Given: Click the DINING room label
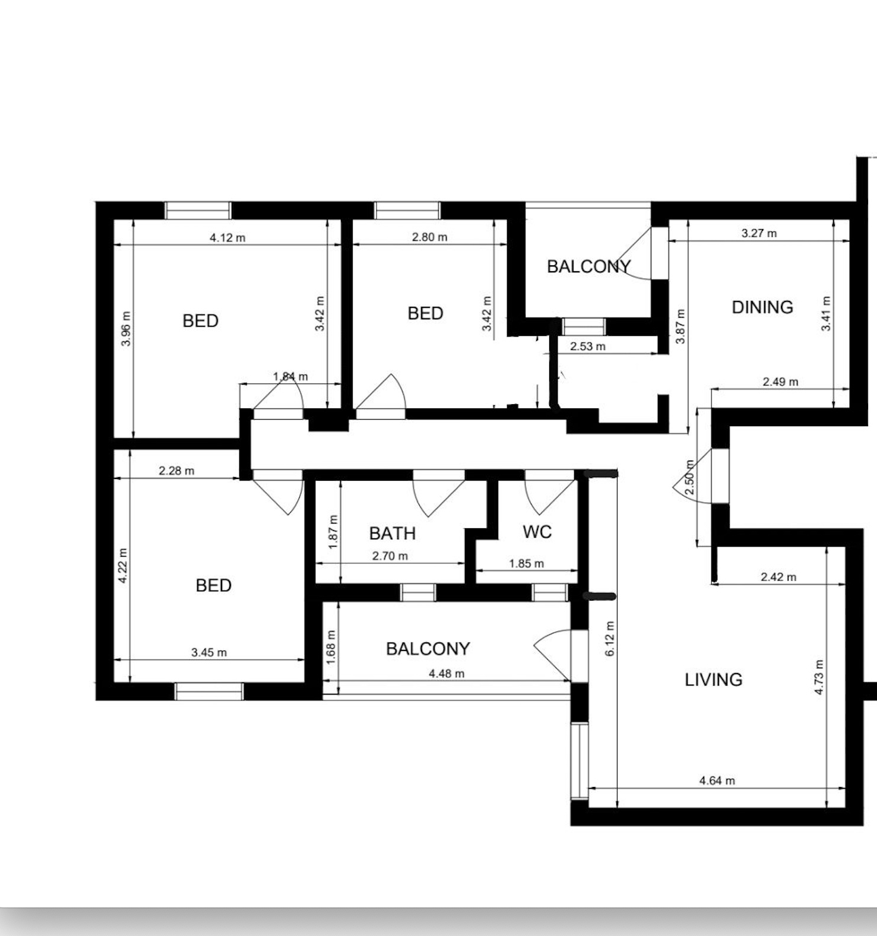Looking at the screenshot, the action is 762,307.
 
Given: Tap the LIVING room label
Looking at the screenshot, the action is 714,680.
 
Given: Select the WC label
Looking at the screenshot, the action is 537,532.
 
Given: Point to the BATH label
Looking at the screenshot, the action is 392,534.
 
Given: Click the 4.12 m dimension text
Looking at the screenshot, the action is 227,237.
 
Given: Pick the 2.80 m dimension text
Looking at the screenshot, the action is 430,237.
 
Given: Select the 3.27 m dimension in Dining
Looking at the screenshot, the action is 759,233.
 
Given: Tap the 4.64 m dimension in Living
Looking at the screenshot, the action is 717,780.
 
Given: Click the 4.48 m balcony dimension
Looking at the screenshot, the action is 447,673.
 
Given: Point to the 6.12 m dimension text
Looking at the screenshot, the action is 610,639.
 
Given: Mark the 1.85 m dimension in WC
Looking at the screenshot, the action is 526,563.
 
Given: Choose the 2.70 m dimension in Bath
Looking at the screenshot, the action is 390,556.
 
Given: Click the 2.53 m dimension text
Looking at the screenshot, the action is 588,346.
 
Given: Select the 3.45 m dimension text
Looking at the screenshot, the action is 209,652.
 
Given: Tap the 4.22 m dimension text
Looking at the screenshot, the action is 123,566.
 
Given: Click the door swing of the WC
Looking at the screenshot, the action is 550,493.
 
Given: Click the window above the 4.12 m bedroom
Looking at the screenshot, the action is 198,211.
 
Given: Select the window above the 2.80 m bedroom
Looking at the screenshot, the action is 407,211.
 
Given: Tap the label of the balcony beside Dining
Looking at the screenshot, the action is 589,266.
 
